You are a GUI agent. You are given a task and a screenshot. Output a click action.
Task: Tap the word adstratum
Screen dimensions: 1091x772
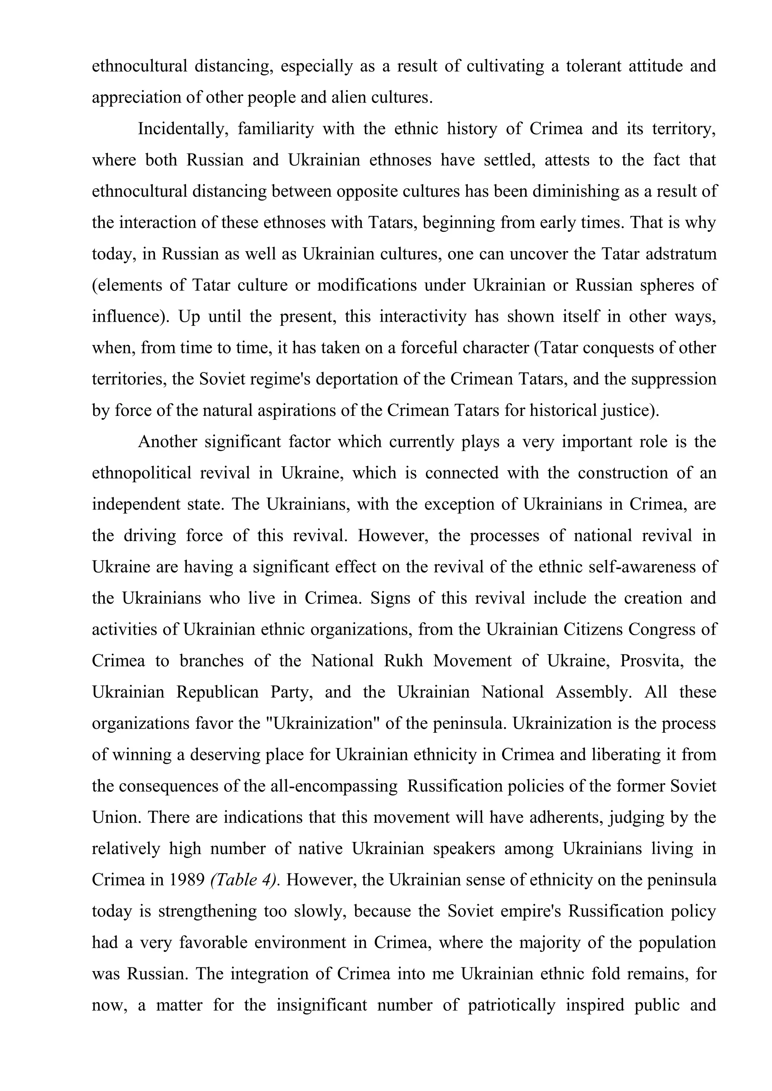(681, 254)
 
